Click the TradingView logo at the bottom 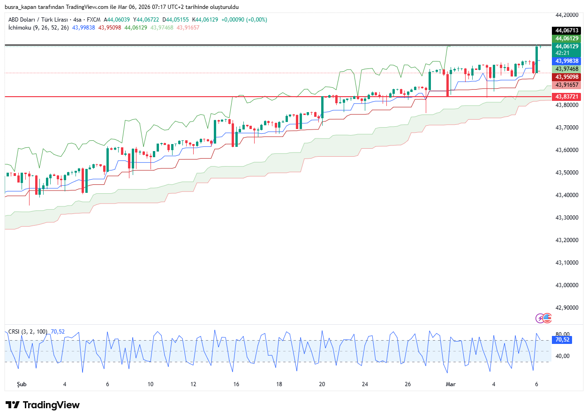[43, 405]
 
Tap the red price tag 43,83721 [567, 97]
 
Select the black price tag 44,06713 [567, 30]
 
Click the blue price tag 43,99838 [567, 61]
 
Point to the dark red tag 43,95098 [567, 76]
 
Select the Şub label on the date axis [22, 384]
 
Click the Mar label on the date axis [451, 384]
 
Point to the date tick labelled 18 [279, 384]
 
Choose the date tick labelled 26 [408, 384]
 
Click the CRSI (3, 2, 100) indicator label [28, 332]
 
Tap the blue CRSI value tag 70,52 [562, 340]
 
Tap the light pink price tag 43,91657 [567, 85]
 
